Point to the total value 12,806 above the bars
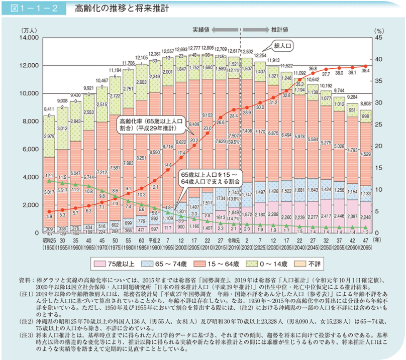[207, 47]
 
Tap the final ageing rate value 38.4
[366, 71]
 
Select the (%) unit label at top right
[378, 30]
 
